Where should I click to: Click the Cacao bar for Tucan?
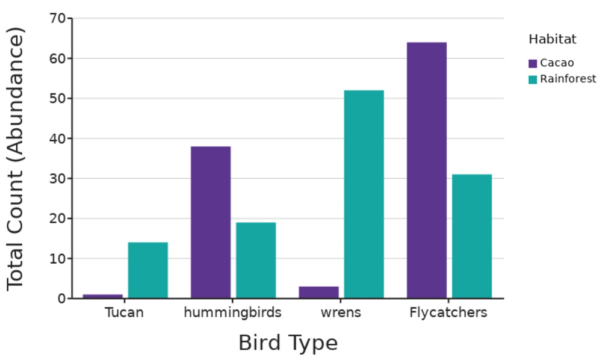pos(102,296)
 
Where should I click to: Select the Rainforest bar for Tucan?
pos(147,270)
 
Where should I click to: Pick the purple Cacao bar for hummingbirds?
pos(211,222)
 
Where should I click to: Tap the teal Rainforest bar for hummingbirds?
pos(256,260)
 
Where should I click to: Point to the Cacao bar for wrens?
pos(318,293)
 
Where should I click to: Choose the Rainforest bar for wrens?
pos(364,194)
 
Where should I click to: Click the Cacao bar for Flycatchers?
pos(427,170)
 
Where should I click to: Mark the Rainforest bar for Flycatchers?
pos(472,236)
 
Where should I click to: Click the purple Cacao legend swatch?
pos(533,63)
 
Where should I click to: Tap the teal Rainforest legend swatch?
pos(533,79)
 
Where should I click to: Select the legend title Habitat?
pos(552,40)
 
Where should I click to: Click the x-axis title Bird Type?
pos(288,343)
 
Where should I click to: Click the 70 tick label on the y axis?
pos(58,19)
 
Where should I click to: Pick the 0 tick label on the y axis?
pos(62,299)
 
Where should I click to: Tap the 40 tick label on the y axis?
pos(58,138)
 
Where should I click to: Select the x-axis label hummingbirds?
pos(232,313)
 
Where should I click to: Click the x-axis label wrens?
pos(341,313)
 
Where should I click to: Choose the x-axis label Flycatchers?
pos(448,313)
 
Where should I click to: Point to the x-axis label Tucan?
pos(124,313)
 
